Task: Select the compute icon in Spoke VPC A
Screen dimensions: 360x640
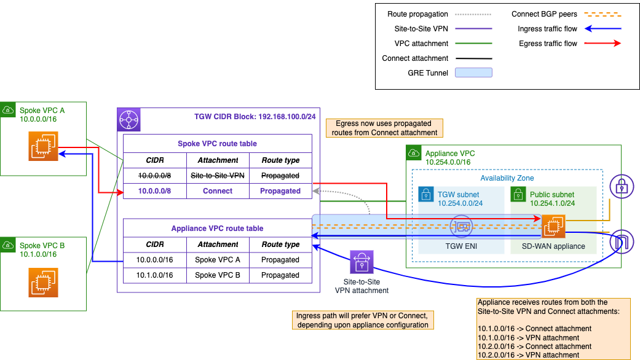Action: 43,146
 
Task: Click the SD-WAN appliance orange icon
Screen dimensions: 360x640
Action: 552,227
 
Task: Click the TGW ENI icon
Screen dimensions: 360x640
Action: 461,227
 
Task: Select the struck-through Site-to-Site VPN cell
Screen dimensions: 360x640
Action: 218,175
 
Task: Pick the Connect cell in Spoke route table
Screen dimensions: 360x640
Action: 218,191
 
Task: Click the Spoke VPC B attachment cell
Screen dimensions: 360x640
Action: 218,275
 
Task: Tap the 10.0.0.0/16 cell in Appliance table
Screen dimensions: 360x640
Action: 155,260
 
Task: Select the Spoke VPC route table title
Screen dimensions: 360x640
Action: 218,144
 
